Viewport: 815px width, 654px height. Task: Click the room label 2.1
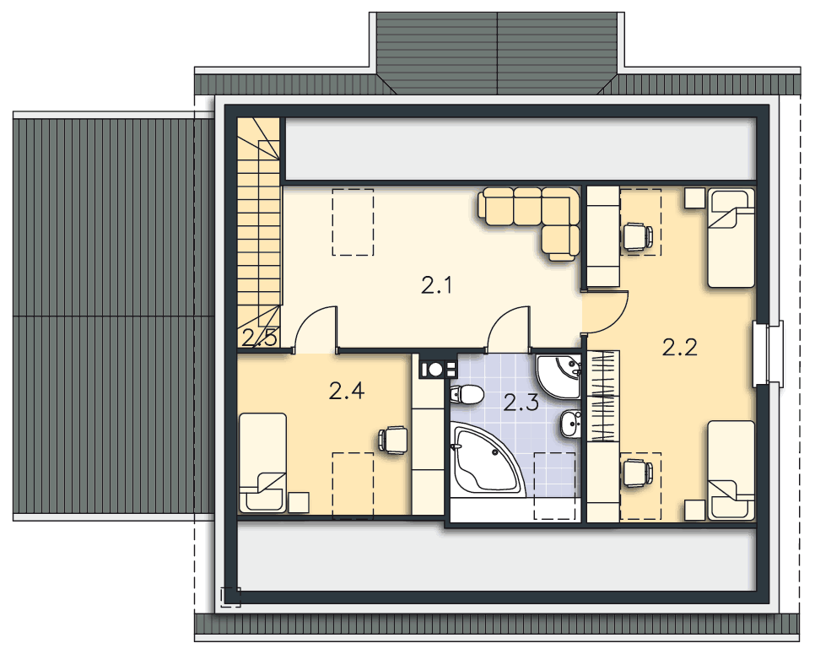[436, 285]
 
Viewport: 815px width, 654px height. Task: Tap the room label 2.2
[679, 348]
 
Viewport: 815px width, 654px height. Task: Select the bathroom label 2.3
[521, 403]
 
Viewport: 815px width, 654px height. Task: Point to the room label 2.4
[347, 391]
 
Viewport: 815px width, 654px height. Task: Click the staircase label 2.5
[259, 338]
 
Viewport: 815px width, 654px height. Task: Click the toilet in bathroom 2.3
[467, 395]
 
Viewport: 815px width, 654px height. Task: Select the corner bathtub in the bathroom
[488, 460]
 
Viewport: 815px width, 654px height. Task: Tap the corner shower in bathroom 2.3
[559, 377]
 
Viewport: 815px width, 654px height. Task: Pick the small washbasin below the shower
[570, 424]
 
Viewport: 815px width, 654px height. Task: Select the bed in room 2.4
[262, 462]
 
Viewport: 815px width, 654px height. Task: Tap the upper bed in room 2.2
[731, 238]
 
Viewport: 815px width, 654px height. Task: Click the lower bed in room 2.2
[731, 470]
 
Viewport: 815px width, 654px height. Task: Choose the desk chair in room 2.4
[392, 440]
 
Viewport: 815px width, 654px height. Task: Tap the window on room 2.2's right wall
[769, 354]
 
